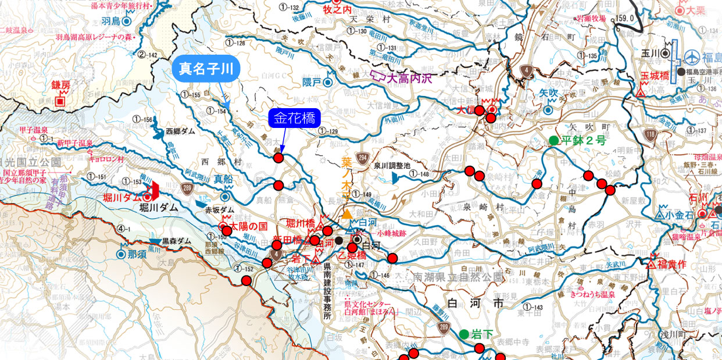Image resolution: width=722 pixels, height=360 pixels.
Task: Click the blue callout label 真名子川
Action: pos(206,69)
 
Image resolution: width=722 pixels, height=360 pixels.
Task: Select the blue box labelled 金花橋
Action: pos(294,119)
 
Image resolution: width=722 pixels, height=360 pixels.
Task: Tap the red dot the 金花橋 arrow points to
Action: pos(278,158)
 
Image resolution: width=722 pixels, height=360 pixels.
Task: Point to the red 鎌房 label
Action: pos(60,85)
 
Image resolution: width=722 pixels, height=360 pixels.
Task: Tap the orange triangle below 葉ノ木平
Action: pos(347,215)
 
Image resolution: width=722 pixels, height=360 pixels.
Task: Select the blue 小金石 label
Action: pos(678,214)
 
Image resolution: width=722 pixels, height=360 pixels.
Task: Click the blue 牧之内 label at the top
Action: pos(339,9)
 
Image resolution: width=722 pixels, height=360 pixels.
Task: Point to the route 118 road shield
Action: pos(649,136)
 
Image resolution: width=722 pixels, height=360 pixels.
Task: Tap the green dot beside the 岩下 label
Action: pos(464,334)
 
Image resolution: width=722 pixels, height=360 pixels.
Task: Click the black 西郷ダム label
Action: pos(181,131)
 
